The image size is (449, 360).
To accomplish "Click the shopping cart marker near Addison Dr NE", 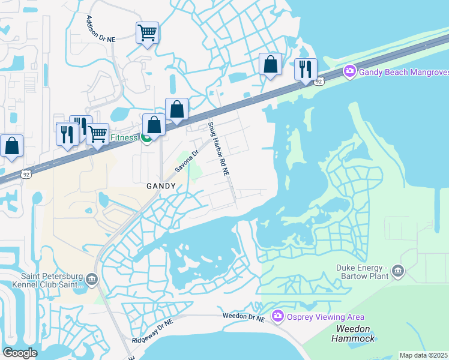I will (147, 33).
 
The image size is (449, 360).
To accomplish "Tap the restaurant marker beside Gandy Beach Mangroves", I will (306, 69).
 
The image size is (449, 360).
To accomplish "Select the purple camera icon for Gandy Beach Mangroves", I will (349, 72).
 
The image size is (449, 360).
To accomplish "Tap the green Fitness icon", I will (146, 139).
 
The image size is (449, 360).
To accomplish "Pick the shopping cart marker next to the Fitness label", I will (97, 134).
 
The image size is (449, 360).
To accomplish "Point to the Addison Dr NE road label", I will (100, 28).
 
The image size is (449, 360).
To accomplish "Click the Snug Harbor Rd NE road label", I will (218, 149).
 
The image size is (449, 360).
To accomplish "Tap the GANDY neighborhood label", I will (161, 186).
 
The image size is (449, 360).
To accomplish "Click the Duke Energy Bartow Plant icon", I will (398, 272).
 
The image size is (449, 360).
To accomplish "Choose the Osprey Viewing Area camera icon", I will (277, 316).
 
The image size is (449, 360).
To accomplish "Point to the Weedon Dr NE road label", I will (243, 316).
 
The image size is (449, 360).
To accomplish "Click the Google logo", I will (20, 353).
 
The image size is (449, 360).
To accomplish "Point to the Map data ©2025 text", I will (423, 355).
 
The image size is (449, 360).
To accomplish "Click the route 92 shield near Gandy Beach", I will (319, 81).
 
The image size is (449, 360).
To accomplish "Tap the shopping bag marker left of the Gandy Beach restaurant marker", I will (270, 64).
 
